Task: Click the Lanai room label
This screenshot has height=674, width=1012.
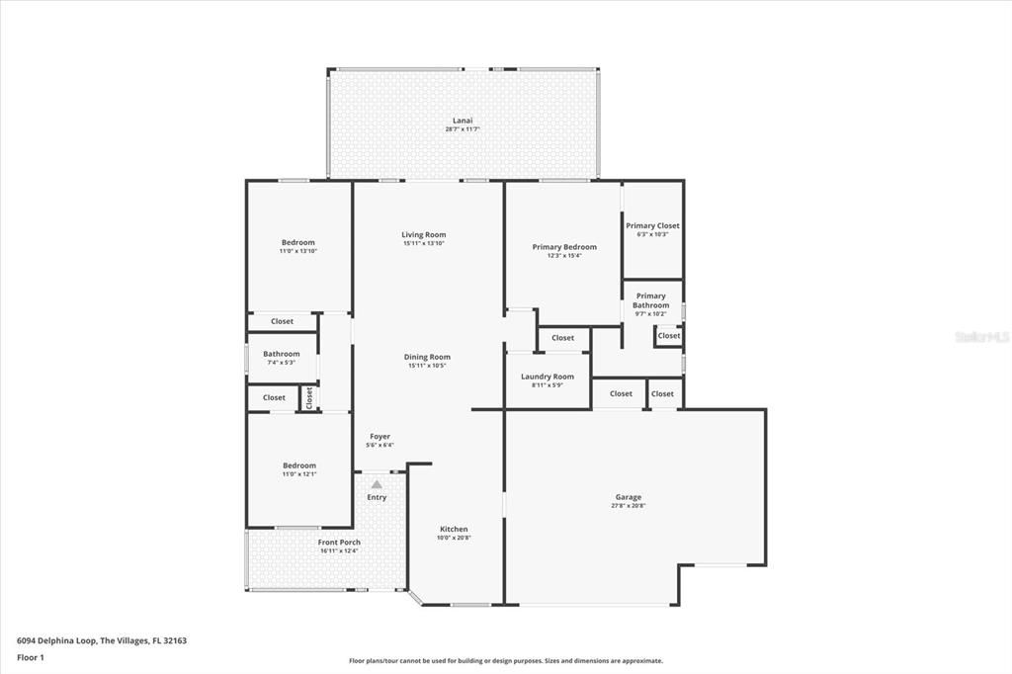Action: (x=463, y=121)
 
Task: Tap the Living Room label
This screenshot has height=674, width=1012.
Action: (x=424, y=235)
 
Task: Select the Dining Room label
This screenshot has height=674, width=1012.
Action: (x=427, y=357)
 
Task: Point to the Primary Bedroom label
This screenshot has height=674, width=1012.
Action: (x=564, y=247)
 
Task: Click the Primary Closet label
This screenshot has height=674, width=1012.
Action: (x=652, y=225)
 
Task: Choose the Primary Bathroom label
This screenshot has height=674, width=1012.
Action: (x=651, y=300)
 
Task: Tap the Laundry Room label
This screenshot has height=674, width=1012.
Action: (x=548, y=377)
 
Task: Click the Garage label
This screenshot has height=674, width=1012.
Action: (x=629, y=497)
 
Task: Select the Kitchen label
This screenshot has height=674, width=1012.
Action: (x=454, y=529)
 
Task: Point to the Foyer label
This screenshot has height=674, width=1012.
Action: (x=380, y=436)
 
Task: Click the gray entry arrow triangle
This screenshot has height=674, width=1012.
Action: (x=377, y=484)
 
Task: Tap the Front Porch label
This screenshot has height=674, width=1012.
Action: (x=339, y=543)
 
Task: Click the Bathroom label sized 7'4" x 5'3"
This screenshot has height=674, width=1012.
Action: (x=282, y=354)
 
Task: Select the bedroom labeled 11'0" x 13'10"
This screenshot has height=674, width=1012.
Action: (x=298, y=243)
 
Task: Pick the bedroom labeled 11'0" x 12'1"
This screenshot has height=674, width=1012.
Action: (x=299, y=465)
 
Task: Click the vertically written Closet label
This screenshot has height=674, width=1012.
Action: (x=309, y=397)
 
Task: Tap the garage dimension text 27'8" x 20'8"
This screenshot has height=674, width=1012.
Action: (x=629, y=506)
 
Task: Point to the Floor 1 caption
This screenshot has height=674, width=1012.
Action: (x=31, y=657)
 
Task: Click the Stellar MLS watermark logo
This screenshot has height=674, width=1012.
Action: (x=980, y=337)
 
